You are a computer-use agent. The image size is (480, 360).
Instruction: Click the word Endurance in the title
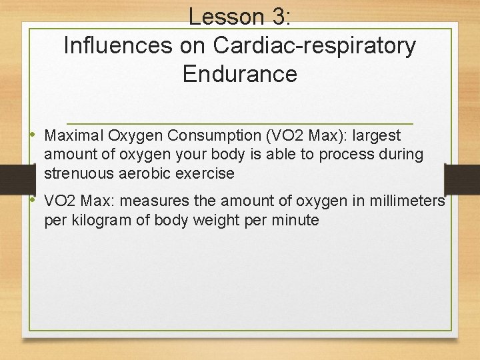pos(239,73)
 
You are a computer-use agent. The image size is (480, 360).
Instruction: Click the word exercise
pos(207,173)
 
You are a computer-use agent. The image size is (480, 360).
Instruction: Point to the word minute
pos(295,220)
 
